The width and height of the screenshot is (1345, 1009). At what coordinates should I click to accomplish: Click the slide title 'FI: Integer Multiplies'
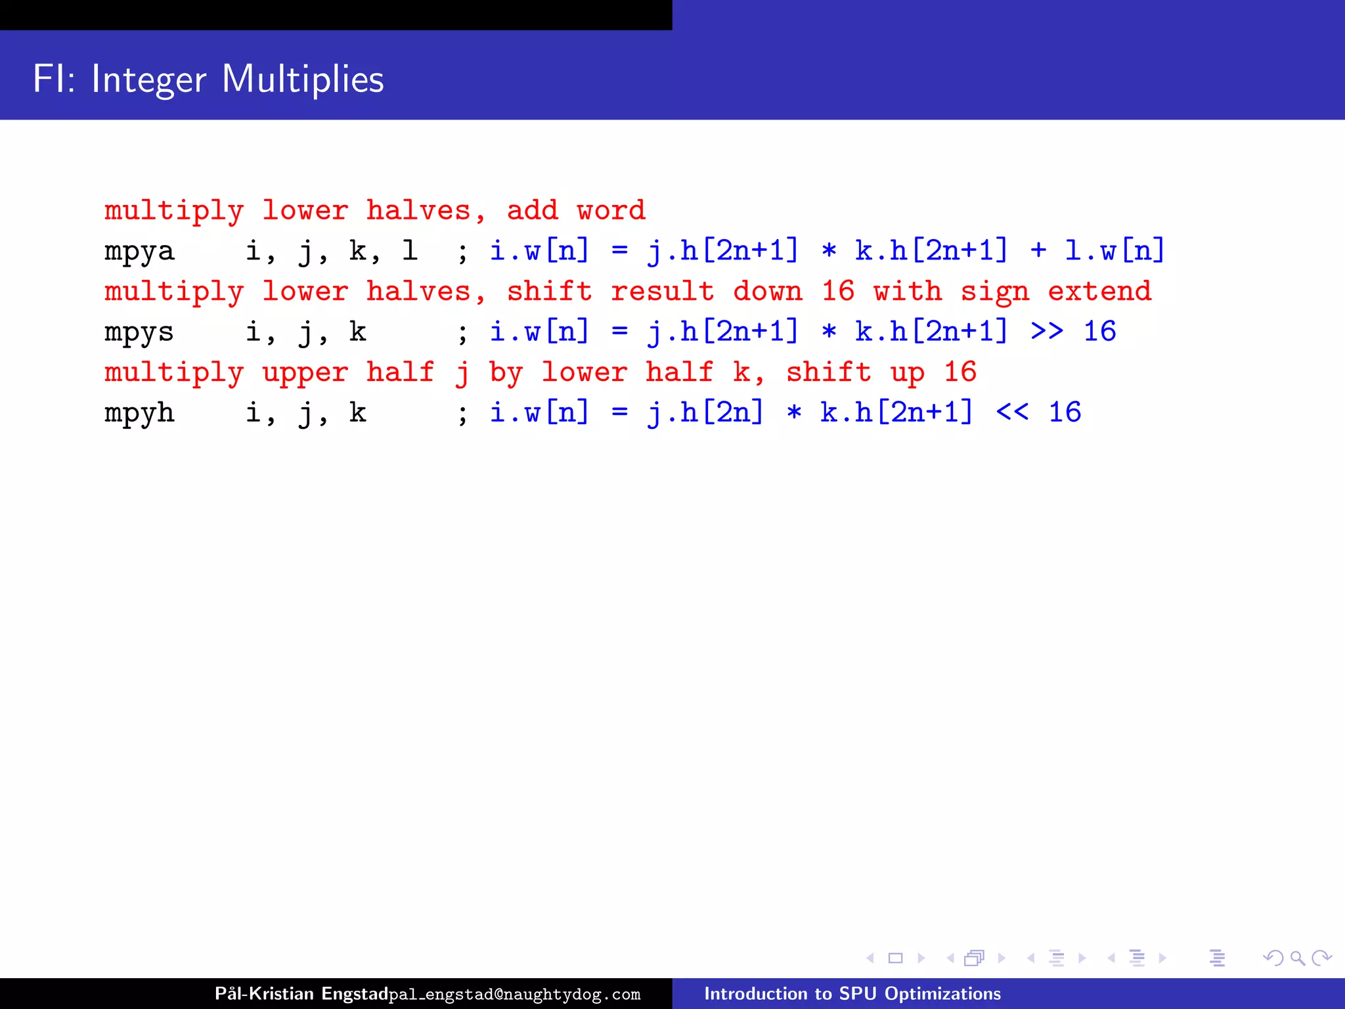pos(208,79)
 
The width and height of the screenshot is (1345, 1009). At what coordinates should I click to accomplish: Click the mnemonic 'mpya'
pos(139,252)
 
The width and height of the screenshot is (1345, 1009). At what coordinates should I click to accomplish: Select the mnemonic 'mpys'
pos(139,332)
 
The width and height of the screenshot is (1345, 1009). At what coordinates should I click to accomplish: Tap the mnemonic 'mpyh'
pos(139,413)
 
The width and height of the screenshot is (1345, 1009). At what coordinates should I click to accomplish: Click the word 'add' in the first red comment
pos(532,210)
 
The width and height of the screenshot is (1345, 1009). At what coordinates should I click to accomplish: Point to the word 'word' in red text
pos(611,210)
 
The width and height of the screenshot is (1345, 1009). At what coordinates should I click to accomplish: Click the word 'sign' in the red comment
pos(994,292)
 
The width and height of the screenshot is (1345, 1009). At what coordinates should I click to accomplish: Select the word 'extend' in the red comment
pos(1099,291)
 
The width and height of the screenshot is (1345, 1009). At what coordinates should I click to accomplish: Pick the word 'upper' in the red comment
pos(305,373)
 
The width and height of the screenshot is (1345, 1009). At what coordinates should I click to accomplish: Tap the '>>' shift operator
pos(1046,331)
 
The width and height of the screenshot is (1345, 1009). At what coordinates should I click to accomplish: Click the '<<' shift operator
pos(1012,413)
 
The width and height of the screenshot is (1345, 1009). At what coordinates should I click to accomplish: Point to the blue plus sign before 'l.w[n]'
pos(1038,250)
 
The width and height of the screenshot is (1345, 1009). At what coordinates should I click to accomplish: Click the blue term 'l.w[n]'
pos(1114,250)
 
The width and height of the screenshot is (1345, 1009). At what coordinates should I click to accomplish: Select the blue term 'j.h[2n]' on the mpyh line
pos(705,413)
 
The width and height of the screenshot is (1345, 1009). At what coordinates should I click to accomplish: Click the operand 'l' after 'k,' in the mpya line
pos(410,250)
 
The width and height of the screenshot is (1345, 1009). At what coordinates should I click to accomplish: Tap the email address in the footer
pos(514,995)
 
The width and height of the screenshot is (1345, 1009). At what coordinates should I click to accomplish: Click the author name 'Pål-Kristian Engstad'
pos(301,993)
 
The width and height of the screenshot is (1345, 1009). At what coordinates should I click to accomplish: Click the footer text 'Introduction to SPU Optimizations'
pos(852,993)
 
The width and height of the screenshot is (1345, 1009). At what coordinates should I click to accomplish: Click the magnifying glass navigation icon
pos(1297,958)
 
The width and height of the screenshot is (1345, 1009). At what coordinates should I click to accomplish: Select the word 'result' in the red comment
pos(662,291)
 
